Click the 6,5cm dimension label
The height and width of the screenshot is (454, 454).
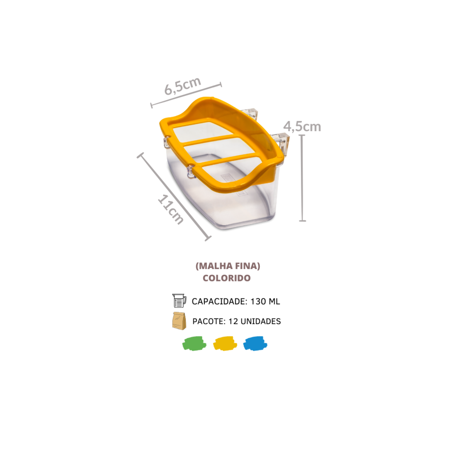[182, 86]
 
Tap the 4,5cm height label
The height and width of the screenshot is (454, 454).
[302, 126]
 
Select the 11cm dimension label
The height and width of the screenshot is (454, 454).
[171, 209]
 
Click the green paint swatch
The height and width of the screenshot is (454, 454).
[194, 344]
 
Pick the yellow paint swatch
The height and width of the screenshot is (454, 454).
[225, 344]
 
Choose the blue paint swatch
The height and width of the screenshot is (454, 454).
[255, 344]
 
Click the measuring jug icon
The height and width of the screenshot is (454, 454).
[179, 301]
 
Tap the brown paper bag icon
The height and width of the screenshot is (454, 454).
[179, 321]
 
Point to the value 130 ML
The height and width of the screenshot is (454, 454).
[265, 301]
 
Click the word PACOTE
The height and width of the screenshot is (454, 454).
[209, 321]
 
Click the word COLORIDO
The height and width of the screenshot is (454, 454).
[227, 278]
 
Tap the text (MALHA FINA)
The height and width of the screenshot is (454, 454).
[228, 266]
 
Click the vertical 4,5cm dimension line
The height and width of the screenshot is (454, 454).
[302, 178]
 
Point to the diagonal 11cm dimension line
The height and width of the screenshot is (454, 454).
[174, 197]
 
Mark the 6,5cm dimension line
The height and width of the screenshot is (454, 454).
[186, 95]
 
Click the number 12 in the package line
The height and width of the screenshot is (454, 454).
[233, 321]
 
